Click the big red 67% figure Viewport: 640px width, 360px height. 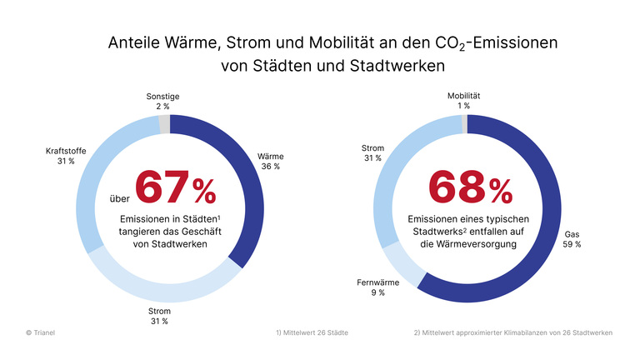176,187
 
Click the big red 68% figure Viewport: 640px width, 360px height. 471,187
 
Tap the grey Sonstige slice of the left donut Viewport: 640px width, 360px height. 164,124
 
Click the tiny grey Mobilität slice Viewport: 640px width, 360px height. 464,124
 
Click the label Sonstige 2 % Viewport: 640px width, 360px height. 155,102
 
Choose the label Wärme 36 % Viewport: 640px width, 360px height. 270,160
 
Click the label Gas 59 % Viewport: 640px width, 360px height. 572,239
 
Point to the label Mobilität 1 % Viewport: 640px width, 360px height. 463,101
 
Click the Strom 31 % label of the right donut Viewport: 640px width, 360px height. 372,153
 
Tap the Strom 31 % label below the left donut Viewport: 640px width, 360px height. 158,315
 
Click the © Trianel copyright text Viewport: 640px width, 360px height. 41,332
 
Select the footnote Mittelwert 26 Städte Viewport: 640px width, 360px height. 312,332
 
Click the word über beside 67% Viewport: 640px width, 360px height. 120,199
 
